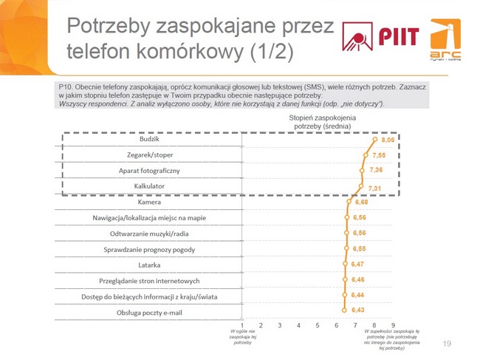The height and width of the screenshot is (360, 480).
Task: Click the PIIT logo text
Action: [x=400, y=37]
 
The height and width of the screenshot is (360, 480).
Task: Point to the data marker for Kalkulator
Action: [x=361, y=186]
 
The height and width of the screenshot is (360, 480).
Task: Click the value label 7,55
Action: [x=379, y=156]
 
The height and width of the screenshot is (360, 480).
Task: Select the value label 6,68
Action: [x=361, y=202]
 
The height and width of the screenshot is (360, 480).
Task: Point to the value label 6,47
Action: [x=359, y=264]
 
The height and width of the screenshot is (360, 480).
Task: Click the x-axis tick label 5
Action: [x=318, y=325]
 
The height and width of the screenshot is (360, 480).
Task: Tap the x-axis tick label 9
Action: [x=393, y=325]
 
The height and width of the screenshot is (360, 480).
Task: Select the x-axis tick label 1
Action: [x=242, y=325]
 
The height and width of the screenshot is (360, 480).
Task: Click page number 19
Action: [x=446, y=344]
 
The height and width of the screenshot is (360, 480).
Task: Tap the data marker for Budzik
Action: [x=375, y=140]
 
